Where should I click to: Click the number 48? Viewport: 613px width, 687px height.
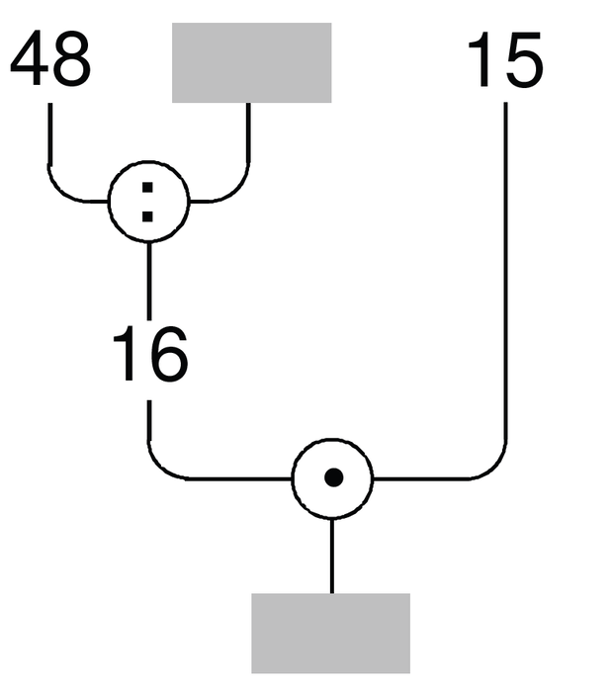50,58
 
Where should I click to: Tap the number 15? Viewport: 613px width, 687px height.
506,59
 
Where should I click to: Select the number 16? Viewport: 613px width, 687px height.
150,354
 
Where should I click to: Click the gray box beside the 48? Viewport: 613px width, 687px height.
251,62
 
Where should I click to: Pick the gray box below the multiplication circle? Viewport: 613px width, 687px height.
331,633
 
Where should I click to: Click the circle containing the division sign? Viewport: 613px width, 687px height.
149,161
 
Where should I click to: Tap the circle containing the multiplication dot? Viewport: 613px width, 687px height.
332,439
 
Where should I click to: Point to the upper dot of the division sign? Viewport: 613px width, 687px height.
147,188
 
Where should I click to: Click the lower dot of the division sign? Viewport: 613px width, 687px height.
147,216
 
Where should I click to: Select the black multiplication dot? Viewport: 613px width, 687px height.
334,477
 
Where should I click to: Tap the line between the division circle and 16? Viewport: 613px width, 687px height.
149,281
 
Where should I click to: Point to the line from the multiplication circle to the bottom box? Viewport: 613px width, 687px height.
331,556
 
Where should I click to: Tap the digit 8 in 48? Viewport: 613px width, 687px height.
71,58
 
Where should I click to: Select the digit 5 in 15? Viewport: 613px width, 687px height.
524,60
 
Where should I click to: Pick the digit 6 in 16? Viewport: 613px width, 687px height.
170,354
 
